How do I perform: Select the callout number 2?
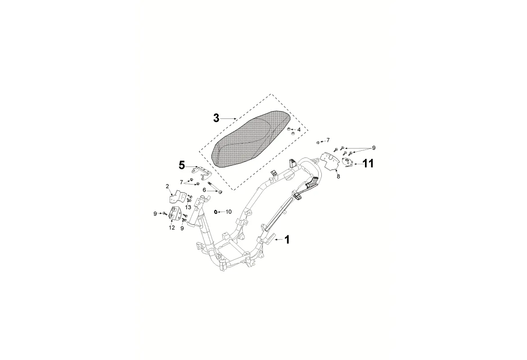[167, 186]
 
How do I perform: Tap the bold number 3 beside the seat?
[216, 118]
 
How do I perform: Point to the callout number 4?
[299, 130]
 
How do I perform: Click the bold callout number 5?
[182, 165]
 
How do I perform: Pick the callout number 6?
[204, 190]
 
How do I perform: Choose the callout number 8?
[338, 176]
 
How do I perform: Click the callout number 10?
[229, 211]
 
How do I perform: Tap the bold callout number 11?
[368, 164]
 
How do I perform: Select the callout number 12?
[171, 228]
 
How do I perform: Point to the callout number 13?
[188, 207]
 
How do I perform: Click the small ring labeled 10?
[216, 211]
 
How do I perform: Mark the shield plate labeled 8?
[329, 160]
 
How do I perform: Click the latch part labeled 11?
[348, 162]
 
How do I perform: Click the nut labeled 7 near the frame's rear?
[318, 143]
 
